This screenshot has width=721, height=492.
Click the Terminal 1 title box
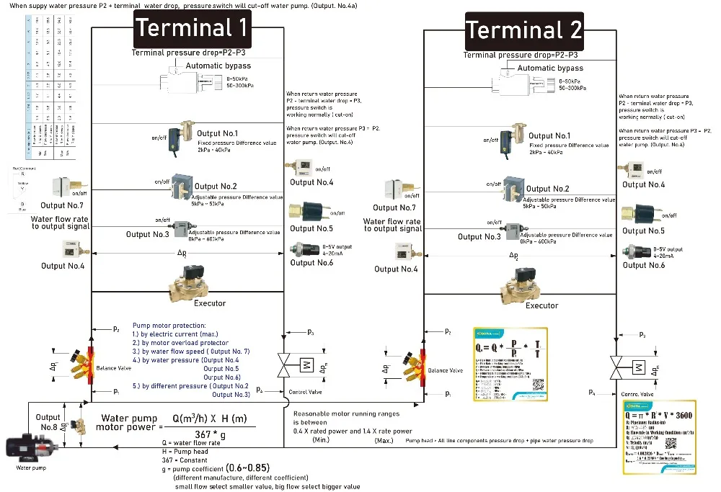[192, 28]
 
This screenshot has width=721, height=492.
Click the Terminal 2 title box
[523, 31]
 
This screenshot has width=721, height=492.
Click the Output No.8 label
[48, 422]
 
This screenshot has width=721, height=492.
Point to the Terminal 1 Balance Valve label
[113, 368]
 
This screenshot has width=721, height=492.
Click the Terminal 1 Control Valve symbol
[305, 364]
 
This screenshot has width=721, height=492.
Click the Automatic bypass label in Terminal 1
[218, 66]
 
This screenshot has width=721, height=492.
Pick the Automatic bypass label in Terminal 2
[550, 68]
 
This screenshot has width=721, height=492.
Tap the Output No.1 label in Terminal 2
[549, 135]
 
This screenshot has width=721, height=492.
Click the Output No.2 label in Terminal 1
[216, 187]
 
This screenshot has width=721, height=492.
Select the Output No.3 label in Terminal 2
[479, 236]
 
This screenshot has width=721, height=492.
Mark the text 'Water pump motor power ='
[129, 422]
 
